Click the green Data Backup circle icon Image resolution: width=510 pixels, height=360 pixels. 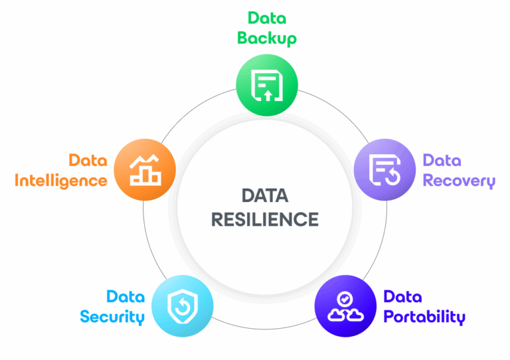267,84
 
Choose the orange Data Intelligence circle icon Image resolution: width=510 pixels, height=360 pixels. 145,169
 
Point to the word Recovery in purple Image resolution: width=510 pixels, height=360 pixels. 459,181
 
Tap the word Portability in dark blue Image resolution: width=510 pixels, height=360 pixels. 424,316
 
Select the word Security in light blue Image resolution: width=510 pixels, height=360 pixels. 112,316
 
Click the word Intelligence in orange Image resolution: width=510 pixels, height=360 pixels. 60,180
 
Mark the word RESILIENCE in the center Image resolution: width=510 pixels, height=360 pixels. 265,219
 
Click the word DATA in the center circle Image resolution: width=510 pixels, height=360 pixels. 265,195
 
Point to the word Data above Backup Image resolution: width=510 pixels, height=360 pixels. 267,17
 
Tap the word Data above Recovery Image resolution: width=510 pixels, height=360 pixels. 442,160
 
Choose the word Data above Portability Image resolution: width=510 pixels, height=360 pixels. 402,296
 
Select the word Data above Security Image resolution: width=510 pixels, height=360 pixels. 126,296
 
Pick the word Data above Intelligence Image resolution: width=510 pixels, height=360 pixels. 88,160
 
